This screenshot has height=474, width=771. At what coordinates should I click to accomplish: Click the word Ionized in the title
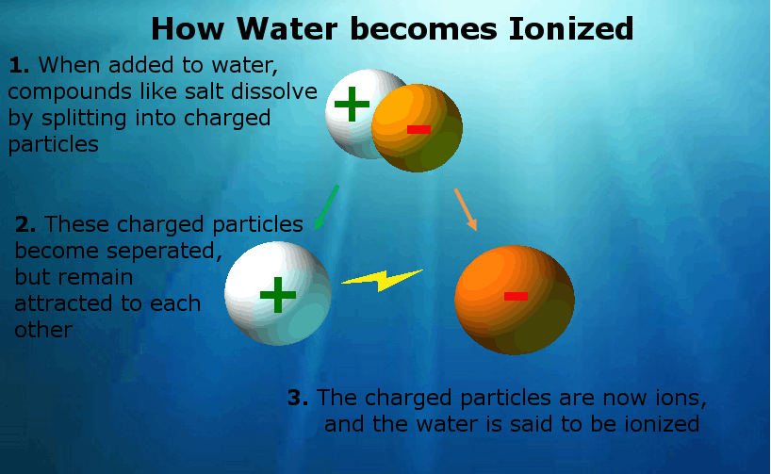click(x=570, y=28)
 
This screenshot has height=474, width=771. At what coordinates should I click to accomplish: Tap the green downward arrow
click(x=326, y=207)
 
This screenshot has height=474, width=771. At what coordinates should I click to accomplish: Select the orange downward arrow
click(x=466, y=209)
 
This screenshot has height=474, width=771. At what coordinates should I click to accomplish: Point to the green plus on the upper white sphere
click(x=352, y=104)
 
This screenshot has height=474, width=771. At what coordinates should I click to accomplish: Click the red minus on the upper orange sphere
click(x=418, y=130)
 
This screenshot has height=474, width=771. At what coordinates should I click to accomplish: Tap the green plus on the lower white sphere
click(x=278, y=295)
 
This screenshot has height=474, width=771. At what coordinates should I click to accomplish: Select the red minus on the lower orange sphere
click(x=516, y=296)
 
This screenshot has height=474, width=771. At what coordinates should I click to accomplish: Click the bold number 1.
click(x=19, y=65)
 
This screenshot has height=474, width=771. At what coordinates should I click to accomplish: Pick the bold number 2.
click(x=25, y=224)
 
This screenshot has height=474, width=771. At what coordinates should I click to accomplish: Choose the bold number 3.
click(x=298, y=398)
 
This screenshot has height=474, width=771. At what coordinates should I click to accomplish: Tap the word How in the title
click(x=188, y=28)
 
